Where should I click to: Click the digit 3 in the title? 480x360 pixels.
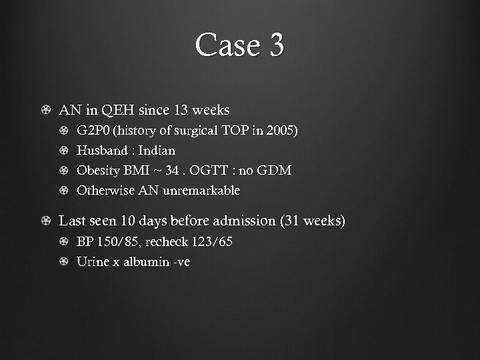pyautogui.click(x=275, y=46)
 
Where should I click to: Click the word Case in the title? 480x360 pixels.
pyautogui.click(x=224, y=46)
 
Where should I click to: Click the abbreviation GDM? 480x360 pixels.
pyautogui.click(x=276, y=171)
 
